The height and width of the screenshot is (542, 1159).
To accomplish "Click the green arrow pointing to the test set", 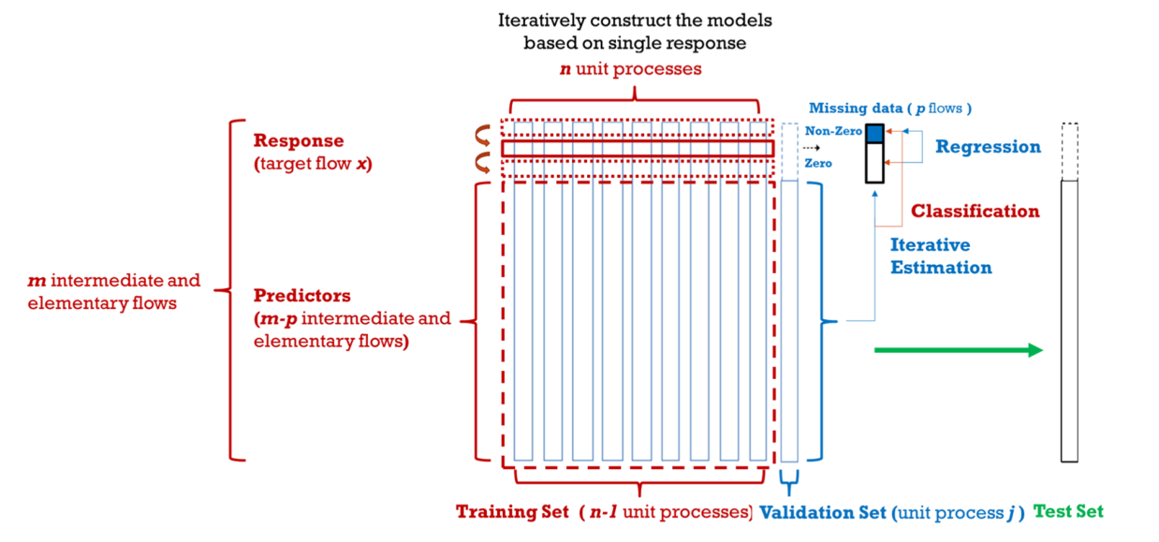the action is point(959,350).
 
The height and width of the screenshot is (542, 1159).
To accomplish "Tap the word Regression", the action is point(988,147).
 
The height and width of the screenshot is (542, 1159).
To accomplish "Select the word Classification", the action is point(976,211).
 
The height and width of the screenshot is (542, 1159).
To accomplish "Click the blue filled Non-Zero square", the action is point(874,133).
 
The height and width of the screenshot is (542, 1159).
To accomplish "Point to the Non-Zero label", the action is point(833,131).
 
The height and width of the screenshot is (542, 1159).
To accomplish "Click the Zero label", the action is point(818,164).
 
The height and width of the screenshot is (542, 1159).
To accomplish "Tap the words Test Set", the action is point(1068,511).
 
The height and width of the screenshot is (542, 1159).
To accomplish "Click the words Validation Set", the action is point(823,513).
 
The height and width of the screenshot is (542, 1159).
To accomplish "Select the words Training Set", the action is point(512,511).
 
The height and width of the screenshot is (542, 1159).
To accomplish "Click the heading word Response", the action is point(299,140).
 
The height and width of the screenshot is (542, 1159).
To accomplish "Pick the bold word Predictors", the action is point(301,295).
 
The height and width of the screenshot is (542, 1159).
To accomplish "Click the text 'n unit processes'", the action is point(630,68).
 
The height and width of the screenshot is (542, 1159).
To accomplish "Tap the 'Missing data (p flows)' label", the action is point(890,108).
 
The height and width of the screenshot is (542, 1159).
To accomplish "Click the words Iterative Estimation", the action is point(941,256).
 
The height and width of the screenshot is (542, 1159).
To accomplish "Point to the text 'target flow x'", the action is point(313,164).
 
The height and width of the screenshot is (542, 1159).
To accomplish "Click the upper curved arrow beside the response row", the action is point(483,136).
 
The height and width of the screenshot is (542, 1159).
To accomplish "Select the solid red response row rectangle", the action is point(638,149).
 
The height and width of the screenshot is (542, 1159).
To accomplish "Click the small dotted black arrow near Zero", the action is point(812,148).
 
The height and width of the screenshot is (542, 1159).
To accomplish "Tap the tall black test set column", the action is point(1069,321).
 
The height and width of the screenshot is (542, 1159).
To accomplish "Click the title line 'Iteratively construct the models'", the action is point(635,21).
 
